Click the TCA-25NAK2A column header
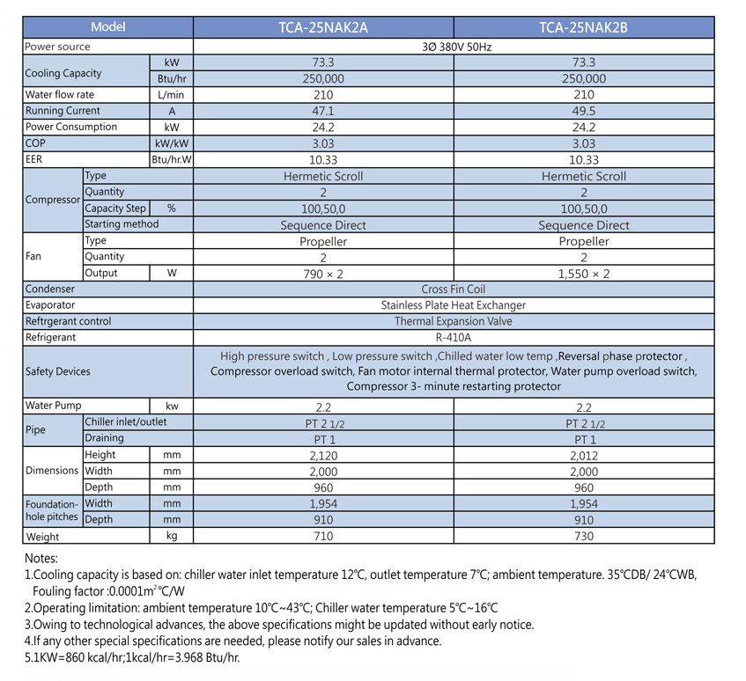click(x=323, y=27)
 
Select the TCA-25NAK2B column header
click(x=584, y=27)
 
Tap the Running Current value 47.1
click(x=323, y=111)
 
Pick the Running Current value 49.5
click(x=584, y=111)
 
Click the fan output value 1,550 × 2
click(x=584, y=274)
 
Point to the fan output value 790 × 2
click(x=323, y=274)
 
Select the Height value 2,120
click(x=323, y=455)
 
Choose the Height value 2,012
click(x=584, y=455)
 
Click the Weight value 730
click(x=584, y=536)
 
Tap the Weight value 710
click(x=323, y=536)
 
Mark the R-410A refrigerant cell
click(x=454, y=337)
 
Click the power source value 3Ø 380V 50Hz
click(x=454, y=46)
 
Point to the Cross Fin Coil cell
click(x=454, y=289)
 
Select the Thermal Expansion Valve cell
click(x=454, y=321)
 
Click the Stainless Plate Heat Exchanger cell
click(x=454, y=305)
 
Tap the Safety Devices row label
click(x=58, y=371)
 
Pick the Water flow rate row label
click(x=60, y=94)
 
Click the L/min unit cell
click(x=171, y=94)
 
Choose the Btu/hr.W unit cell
click(x=171, y=159)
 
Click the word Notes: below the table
click(x=41, y=558)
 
